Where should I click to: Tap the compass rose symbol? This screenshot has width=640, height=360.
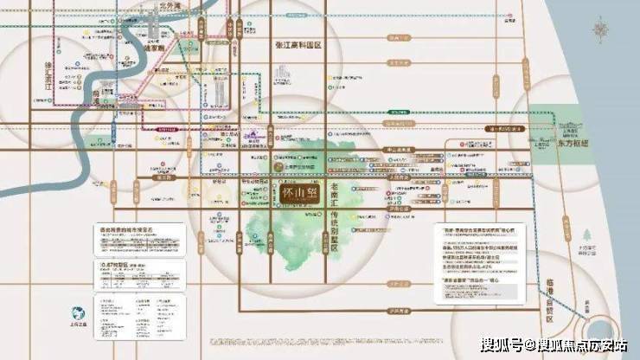[602, 31]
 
